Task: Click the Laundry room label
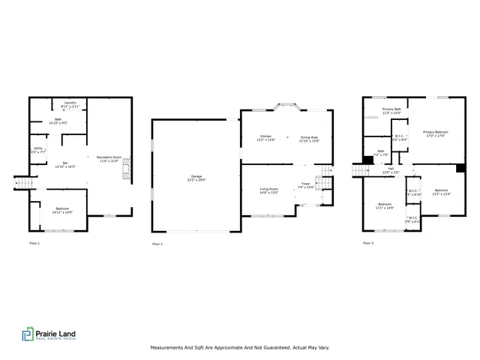pyautogui.click(x=70, y=104)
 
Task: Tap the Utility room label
pyautogui.click(x=38, y=148)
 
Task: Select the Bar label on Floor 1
pyautogui.click(x=65, y=164)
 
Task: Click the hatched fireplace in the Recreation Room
pyautogui.click(x=126, y=166)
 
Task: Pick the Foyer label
pyautogui.click(x=305, y=184)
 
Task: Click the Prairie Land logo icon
pyautogui.click(x=28, y=334)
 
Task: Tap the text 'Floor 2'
pyautogui.click(x=157, y=244)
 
